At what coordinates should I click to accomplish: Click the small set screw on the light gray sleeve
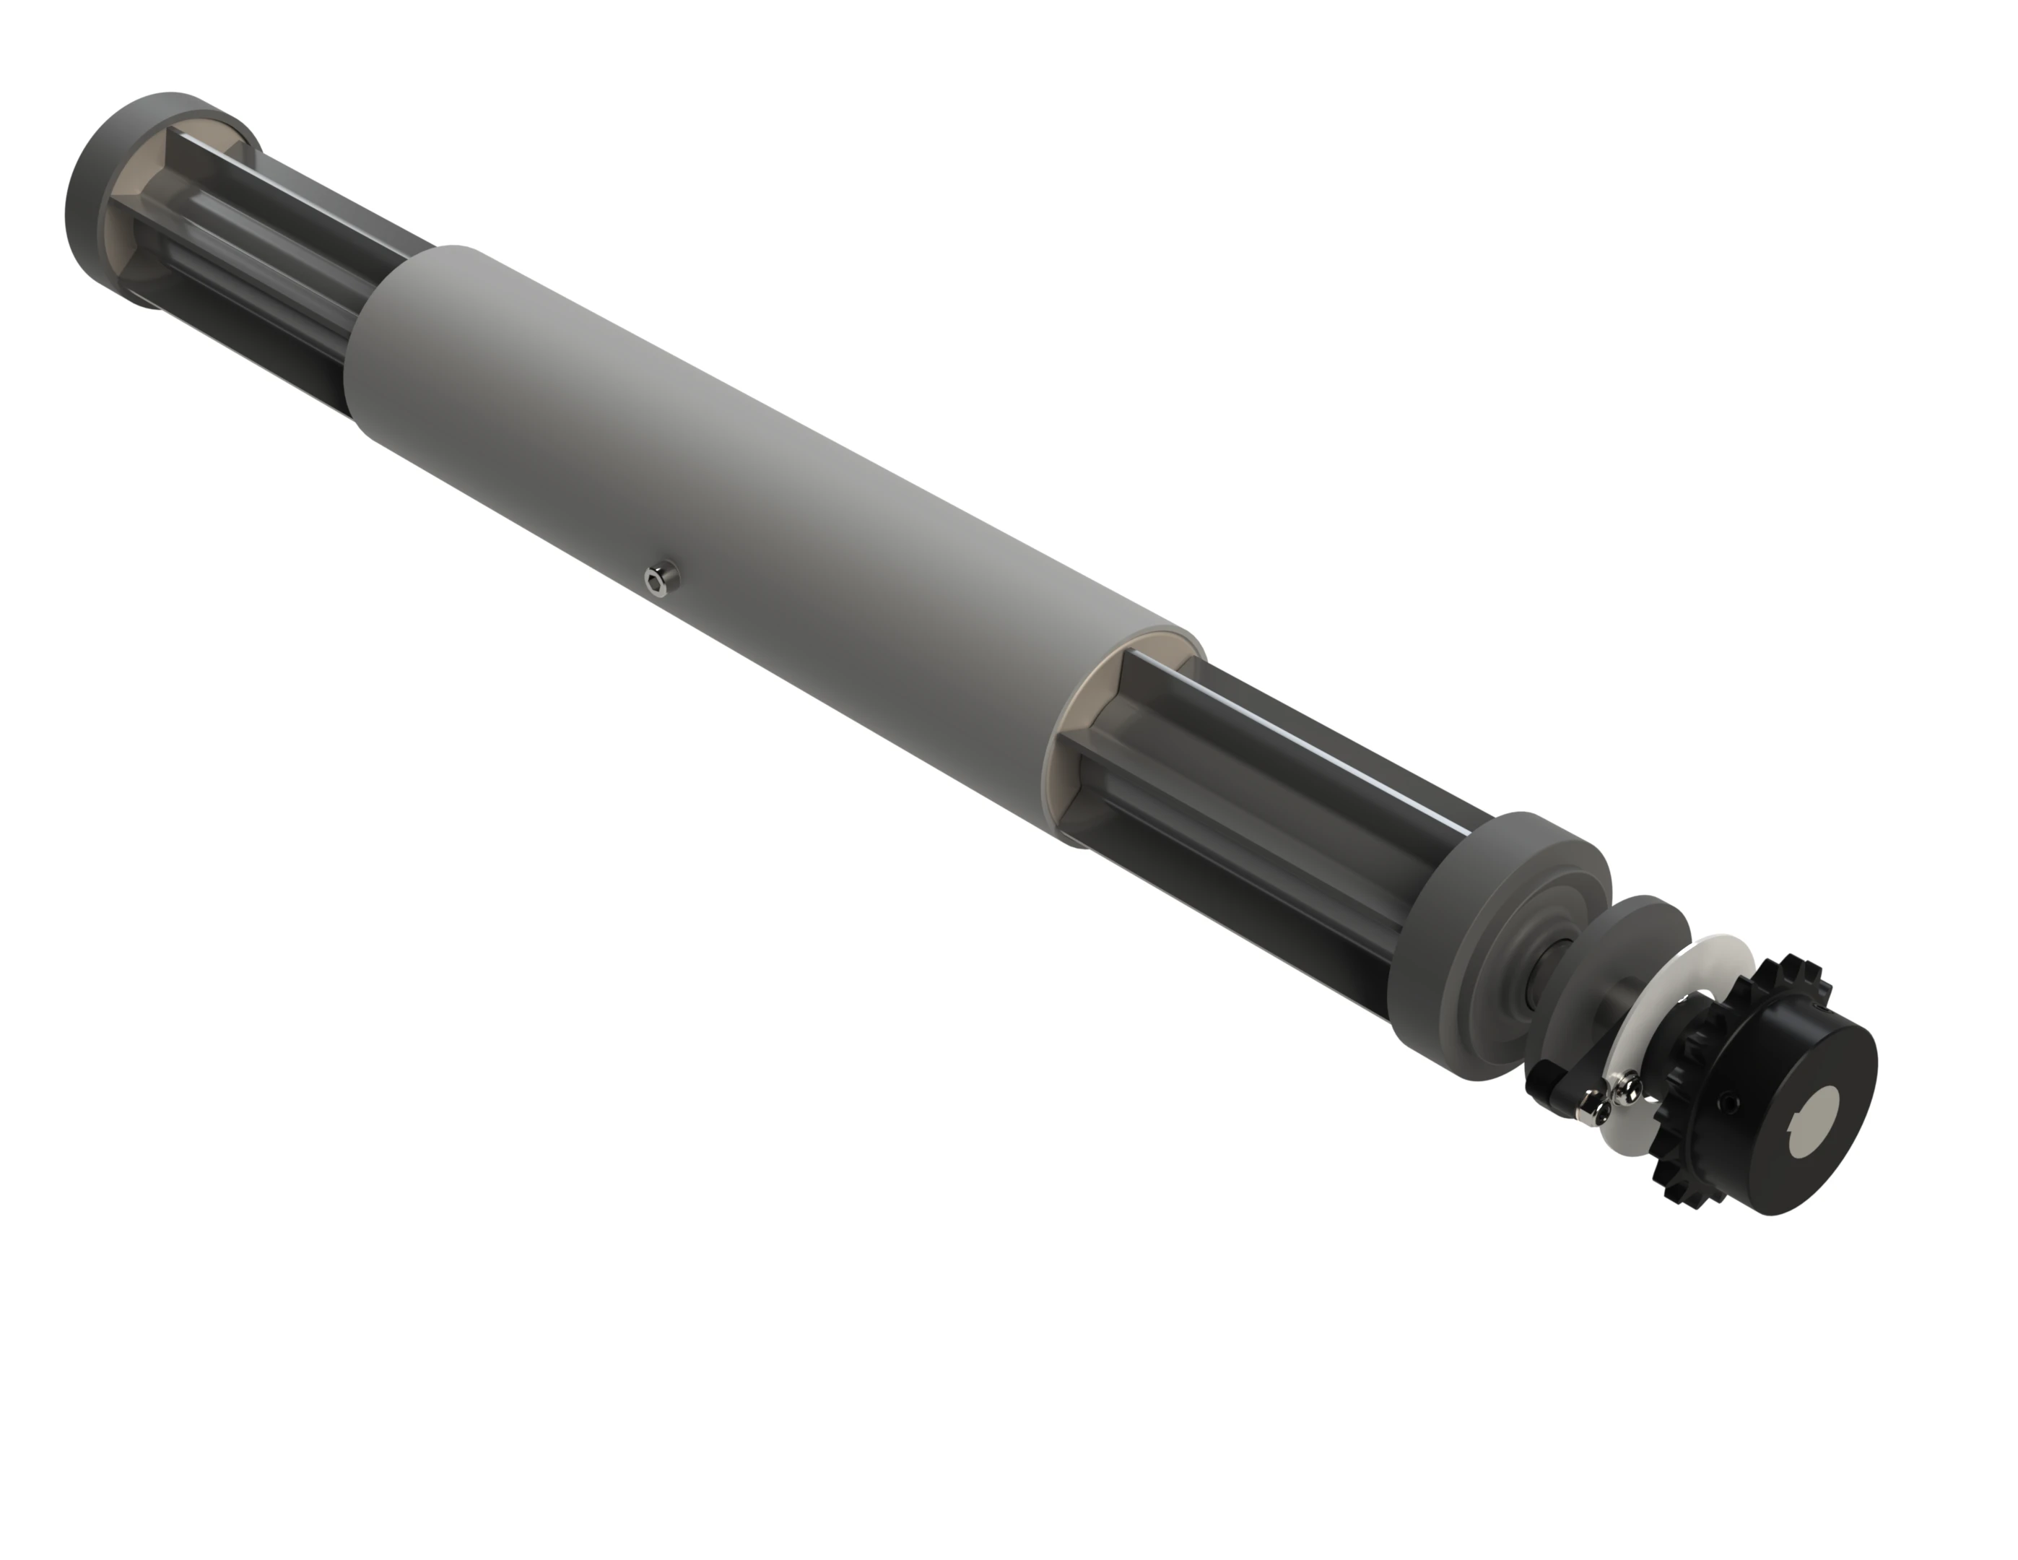(657, 578)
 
